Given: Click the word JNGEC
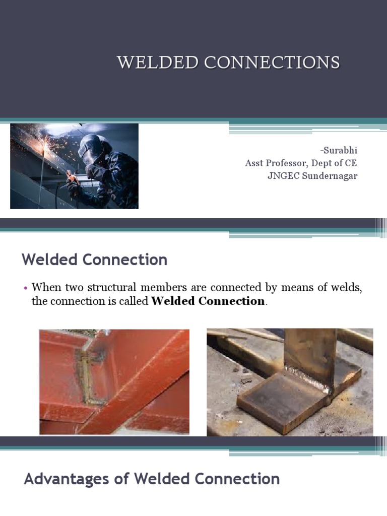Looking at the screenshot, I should pos(283,176).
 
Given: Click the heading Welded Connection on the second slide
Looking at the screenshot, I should pos(95,260).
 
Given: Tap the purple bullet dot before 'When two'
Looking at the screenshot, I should pos(25,288).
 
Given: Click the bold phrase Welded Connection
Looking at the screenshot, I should pos(208,301).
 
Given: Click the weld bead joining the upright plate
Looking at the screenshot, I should pos(305,378).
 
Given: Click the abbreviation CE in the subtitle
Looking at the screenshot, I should pos(351,163).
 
